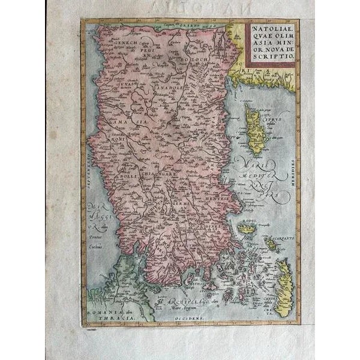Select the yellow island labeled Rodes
247,227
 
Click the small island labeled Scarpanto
271,244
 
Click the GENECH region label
115,52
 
